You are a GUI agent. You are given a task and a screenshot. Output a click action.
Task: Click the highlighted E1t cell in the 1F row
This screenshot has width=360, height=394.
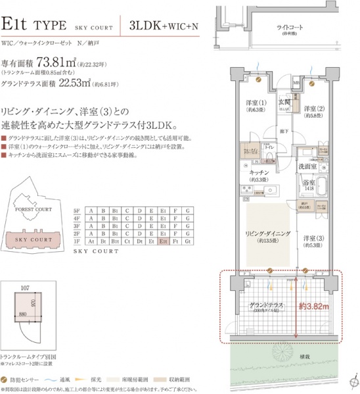point(164,241)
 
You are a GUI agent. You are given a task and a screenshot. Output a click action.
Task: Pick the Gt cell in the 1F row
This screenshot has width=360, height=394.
point(189,241)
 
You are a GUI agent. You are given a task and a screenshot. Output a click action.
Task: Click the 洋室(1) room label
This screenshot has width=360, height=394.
point(255,103)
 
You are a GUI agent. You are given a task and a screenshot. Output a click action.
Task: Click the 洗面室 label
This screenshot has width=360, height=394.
point(308,166)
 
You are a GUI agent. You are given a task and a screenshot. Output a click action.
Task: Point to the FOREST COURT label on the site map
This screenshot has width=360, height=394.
point(33,209)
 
